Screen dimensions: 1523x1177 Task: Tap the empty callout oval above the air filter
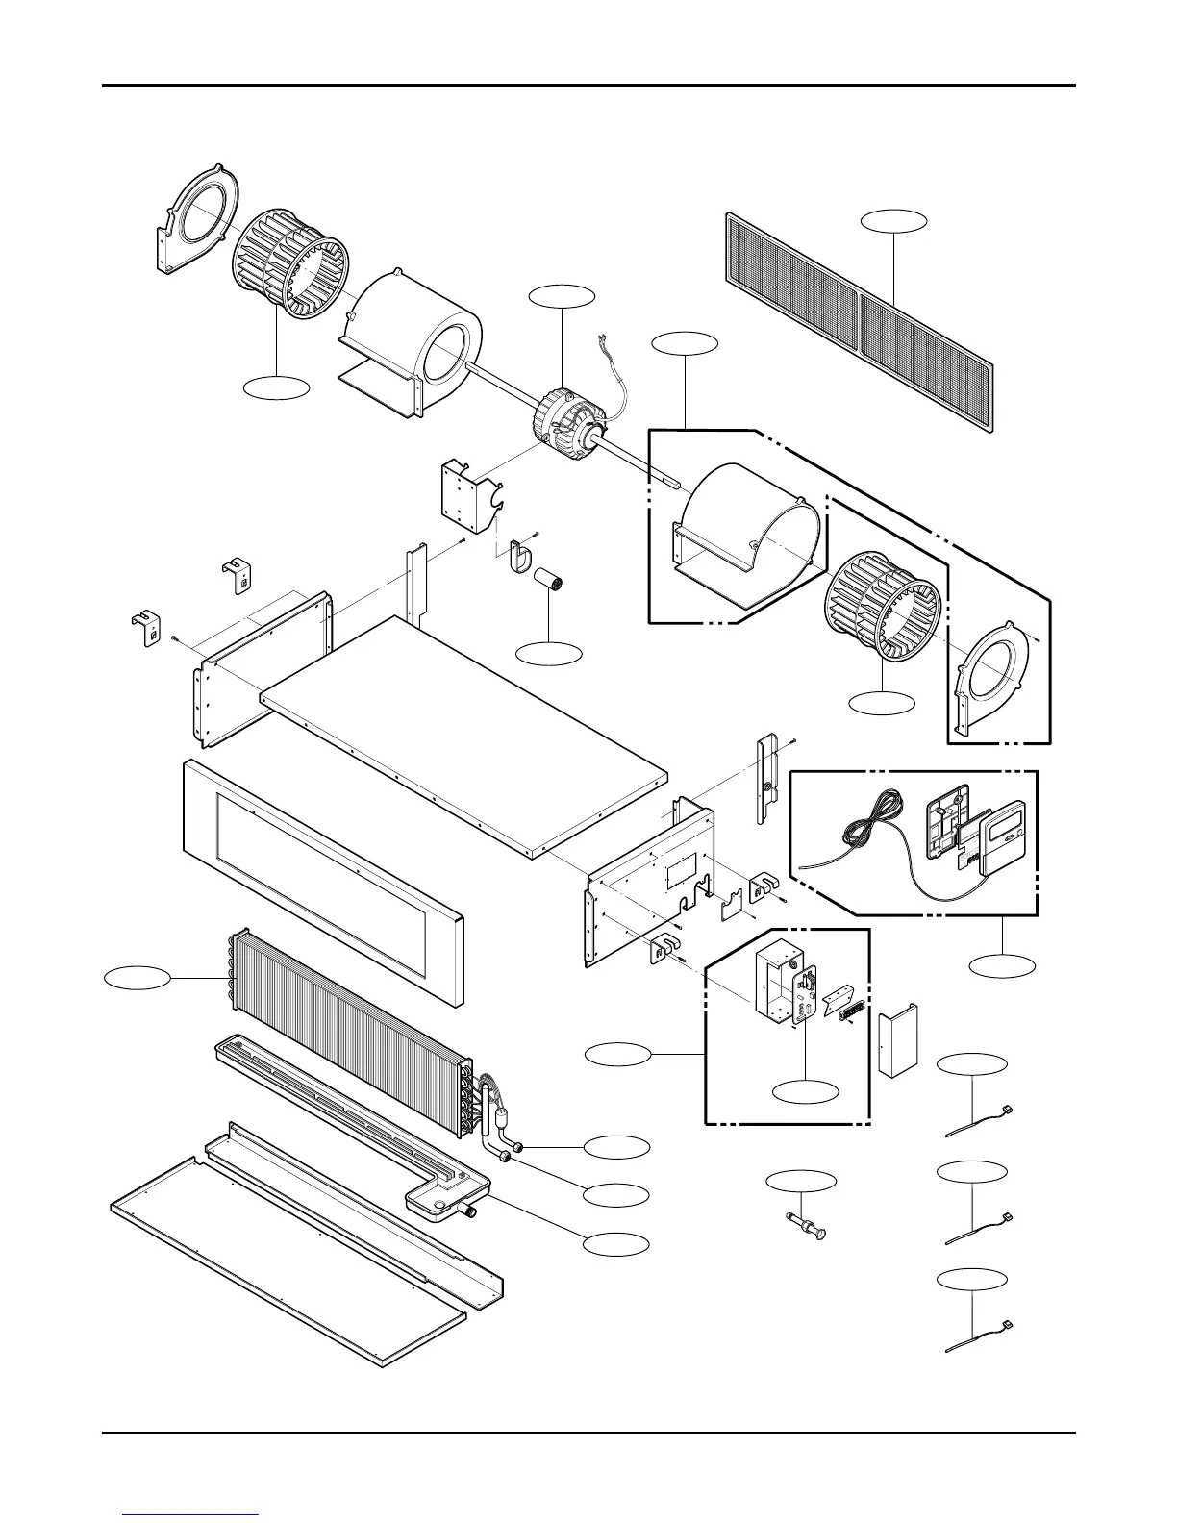click(894, 220)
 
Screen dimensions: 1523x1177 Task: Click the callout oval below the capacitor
click(549, 654)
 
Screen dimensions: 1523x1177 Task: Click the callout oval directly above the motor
click(563, 296)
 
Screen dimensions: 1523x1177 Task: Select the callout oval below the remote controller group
click(1003, 965)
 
